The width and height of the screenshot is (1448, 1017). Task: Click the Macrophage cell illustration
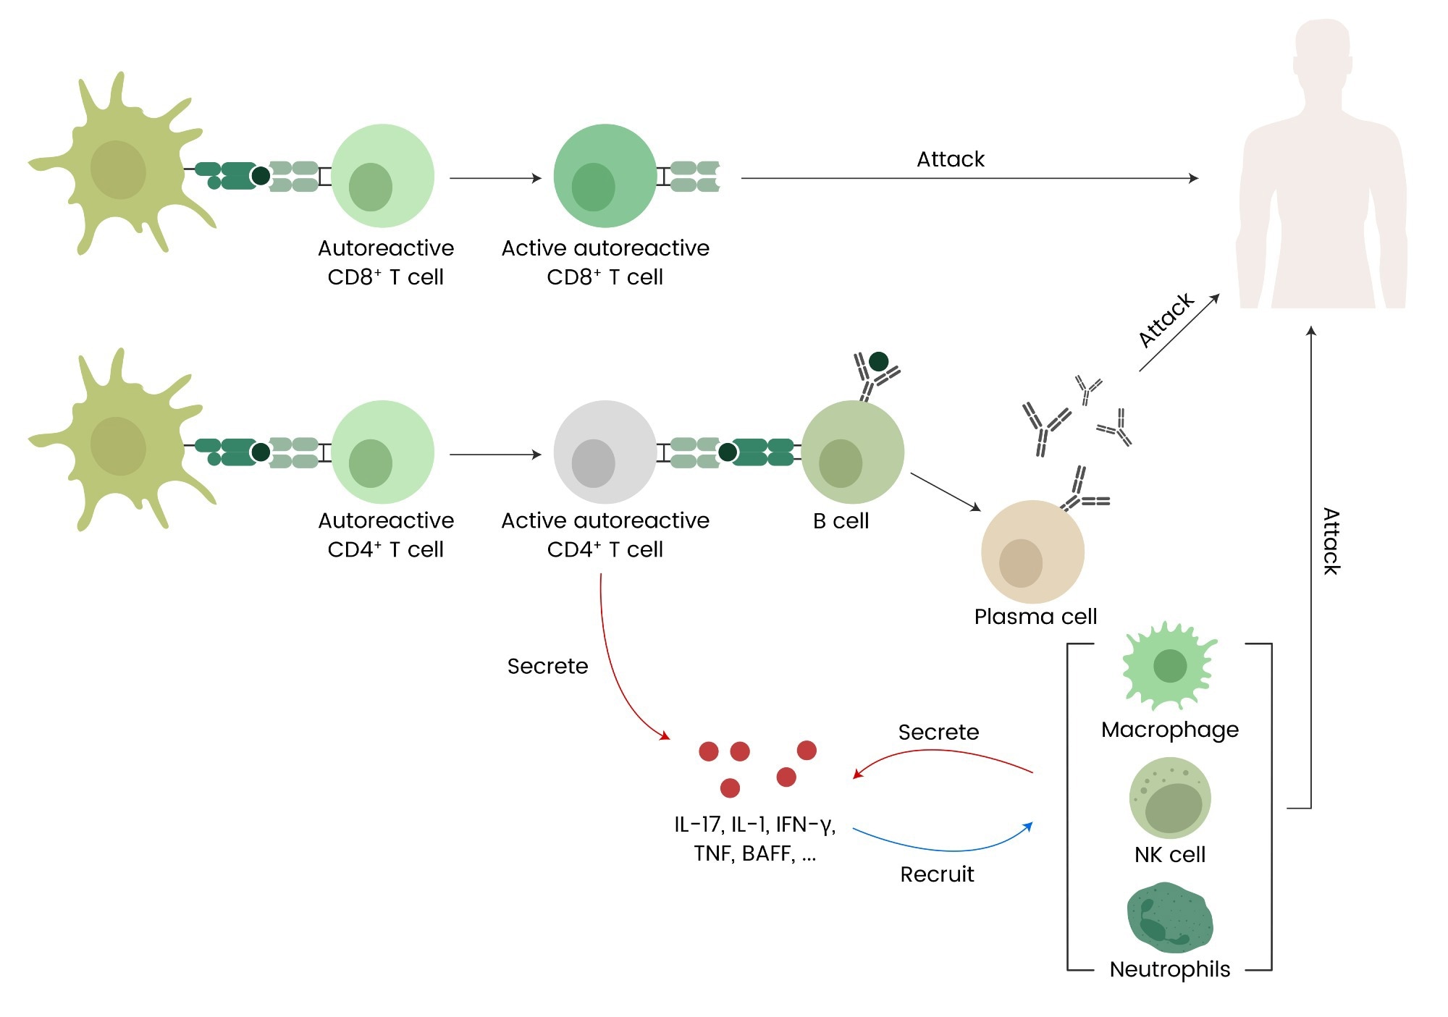coord(1170,666)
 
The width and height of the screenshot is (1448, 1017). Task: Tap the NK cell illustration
coord(1170,798)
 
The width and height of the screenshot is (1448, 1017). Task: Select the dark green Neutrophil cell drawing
coord(1170,917)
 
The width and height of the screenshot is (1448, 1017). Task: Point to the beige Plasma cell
coord(1032,552)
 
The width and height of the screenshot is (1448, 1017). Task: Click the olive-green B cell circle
coord(853,452)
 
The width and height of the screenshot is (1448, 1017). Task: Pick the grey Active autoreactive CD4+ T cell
coord(605,452)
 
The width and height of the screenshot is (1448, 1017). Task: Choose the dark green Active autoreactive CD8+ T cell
coord(605,176)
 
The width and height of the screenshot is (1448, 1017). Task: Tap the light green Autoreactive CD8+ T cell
coord(383,176)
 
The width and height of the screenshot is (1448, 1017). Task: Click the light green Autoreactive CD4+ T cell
coord(383,452)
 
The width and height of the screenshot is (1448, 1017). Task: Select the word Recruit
coord(937,874)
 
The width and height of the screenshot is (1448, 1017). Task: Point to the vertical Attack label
coord(1331,541)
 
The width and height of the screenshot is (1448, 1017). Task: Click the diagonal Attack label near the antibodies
coord(1166,320)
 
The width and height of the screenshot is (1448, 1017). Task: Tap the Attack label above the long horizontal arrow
coord(951,159)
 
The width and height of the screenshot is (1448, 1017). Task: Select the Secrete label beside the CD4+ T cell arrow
coord(547,666)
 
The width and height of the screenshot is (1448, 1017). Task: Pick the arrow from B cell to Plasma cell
coord(946,492)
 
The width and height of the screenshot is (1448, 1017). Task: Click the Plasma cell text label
coord(1035,617)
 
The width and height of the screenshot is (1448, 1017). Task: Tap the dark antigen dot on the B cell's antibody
coord(878,361)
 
